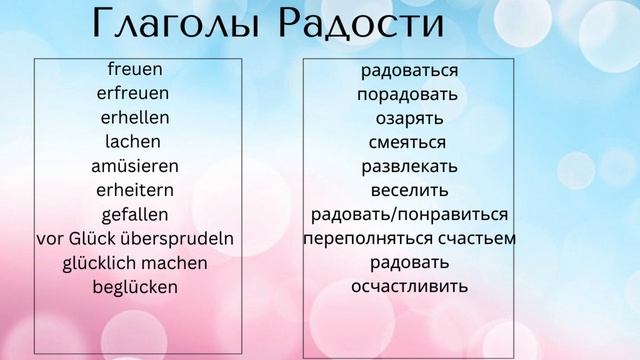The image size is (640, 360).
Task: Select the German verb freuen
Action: pos(135,70)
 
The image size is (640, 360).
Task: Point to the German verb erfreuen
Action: pos(133,94)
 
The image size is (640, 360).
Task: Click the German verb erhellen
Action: pos(135,118)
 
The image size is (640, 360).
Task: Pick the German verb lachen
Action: pos(132,142)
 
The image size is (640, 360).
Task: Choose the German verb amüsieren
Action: pos(134,166)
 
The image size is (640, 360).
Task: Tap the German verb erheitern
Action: pos(134,190)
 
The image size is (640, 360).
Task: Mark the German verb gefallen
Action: pos(135,214)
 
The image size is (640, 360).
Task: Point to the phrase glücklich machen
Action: pos(134,263)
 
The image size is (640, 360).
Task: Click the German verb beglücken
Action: pos(135,287)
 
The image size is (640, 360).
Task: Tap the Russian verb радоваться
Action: pos(409,71)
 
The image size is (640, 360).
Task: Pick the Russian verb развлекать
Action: pos(409,167)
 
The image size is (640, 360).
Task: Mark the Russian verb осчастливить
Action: pos(409,287)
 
